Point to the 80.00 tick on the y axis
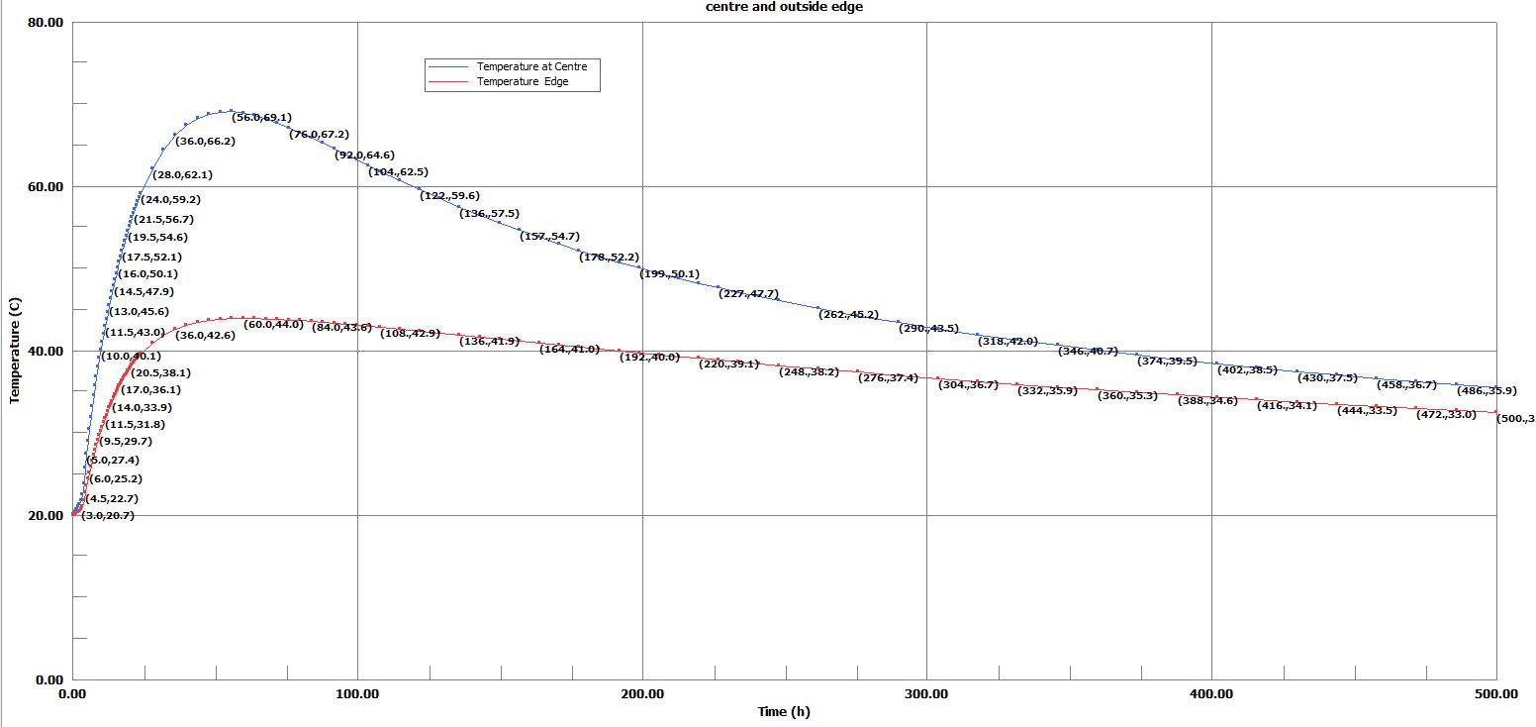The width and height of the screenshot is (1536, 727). tap(44, 22)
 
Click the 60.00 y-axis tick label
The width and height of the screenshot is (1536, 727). tap(44, 186)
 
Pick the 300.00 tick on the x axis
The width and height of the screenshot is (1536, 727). tap(926, 694)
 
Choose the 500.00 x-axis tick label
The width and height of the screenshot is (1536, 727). tap(1495, 694)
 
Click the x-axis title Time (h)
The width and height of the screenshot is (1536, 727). tap(784, 711)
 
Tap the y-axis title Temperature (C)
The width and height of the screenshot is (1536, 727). tap(15, 350)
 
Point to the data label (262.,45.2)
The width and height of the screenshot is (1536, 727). tap(849, 314)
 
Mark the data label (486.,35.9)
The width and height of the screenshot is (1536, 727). tap(1487, 390)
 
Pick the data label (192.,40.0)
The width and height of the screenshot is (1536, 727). tap(649, 357)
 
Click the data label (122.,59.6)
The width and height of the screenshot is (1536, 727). tap(449, 195)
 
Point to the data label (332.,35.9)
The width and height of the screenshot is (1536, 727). tap(1047, 390)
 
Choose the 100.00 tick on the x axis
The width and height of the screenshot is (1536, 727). tap(357, 694)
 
